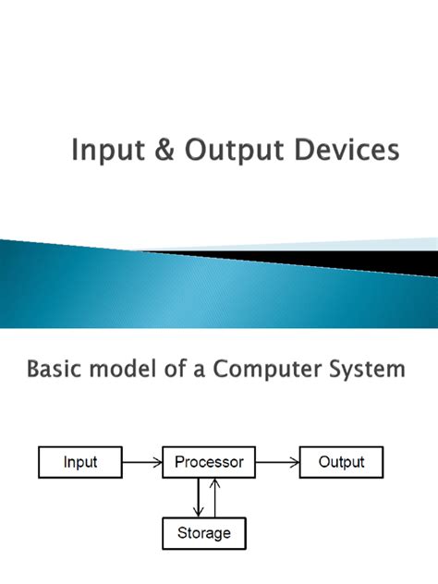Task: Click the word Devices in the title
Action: tap(352, 150)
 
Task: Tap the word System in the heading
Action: tap(368, 371)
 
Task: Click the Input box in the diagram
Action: tap(80, 462)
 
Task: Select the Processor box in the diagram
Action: tap(209, 462)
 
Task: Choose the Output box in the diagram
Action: tap(341, 462)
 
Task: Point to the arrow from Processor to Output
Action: tap(276, 462)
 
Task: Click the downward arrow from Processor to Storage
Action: tap(197, 498)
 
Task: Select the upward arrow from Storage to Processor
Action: tap(215, 498)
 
